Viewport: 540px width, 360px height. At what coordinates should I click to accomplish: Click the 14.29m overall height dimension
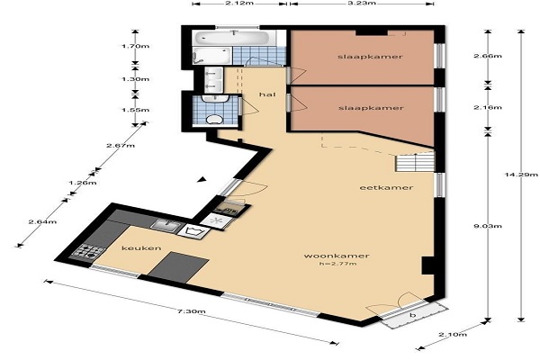521,175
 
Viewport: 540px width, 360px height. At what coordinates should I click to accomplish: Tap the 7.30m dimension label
191,311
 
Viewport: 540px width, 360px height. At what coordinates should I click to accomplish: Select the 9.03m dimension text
488,226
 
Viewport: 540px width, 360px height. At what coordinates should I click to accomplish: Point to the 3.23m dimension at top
361,3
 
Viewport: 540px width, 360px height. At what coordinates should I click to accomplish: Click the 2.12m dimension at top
239,3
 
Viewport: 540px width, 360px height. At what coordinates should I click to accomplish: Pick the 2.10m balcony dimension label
453,334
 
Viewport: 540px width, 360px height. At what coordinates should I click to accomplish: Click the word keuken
141,248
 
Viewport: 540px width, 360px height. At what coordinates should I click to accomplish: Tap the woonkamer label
337,256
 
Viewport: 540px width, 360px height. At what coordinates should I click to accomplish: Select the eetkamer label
386,188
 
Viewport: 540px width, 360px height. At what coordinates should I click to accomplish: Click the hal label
267,94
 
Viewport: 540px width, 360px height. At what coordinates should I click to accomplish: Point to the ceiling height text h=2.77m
337,264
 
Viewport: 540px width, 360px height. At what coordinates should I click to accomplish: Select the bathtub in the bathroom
231,38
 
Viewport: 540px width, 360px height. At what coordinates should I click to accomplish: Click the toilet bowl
214,120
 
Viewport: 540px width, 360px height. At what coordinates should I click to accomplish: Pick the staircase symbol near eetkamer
415,163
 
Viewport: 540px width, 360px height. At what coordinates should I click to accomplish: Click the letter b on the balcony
414,315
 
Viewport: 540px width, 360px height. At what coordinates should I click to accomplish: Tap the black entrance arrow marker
202,179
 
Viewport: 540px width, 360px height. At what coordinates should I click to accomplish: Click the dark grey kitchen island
179,267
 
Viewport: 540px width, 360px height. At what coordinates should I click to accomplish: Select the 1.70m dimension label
135,46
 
